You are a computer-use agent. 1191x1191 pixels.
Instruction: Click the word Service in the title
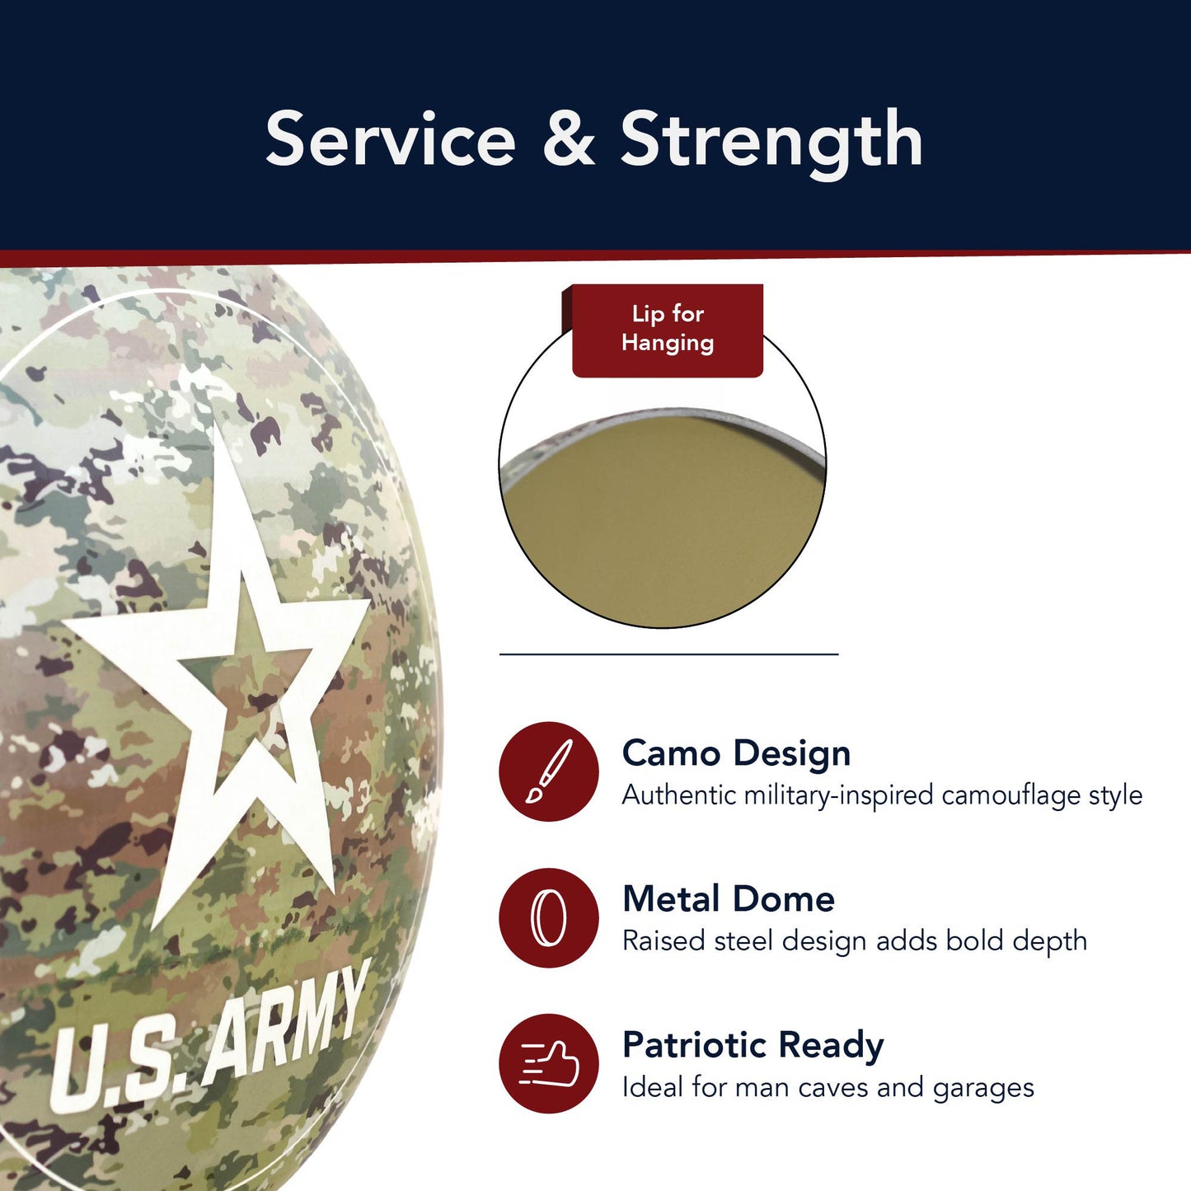pyautogui.click(x=391, y=140)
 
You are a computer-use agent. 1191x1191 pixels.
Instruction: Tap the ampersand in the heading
pyautogui.click(x=569, y=140)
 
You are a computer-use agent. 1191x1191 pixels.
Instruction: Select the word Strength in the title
pyautogui.click(x=771, y=142)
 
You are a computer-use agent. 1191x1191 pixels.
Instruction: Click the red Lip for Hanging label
pyautogui.click(x=668, y=329)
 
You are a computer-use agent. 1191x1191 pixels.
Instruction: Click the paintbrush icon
pyautogui.click(x=549, y=771)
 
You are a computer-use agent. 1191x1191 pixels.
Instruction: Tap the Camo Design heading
pyautogui.click(x=736, y=753)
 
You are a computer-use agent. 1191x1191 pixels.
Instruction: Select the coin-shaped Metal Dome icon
pyautogui.click(x=549, y=917)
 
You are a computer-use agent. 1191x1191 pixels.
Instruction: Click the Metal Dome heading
pyautogui.click(x=729, y=898)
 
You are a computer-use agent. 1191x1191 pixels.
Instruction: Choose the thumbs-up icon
pyautogui.click(x=549, y=1063)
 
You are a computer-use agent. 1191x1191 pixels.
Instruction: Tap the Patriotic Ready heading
pyautogui.click(x=753, y=1044)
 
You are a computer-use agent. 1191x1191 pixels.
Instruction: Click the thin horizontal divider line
pyautogui.click(x=668, y=654)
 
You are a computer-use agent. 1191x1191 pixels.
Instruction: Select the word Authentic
pyautogui.click(x=678, y=795)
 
